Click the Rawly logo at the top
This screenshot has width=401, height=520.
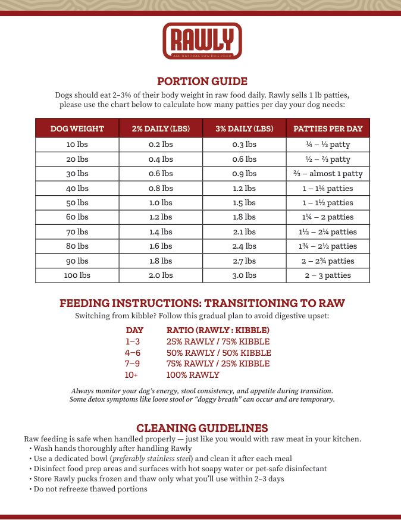[202, 40]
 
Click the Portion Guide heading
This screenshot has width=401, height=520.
[202, 82]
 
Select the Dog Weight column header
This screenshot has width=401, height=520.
[77, 129]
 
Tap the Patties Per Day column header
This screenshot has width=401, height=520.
[328, 129]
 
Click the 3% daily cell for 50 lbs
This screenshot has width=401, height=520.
[244, 203]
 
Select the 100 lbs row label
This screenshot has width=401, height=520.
[77, 275]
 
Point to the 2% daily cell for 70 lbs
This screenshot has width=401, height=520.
[161, 232]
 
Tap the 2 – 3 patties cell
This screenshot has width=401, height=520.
[328, 275]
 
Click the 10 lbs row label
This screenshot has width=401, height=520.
[77, 145]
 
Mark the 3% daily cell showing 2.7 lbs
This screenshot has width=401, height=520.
[244, 261]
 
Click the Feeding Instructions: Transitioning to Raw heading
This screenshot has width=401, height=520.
[202, 303]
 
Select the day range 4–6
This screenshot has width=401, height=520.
[133, 353]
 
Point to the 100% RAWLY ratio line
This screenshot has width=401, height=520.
[193, 375]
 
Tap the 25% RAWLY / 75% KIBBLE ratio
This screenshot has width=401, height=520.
[218, 342]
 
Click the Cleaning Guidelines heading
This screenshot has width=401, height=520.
[202, 428]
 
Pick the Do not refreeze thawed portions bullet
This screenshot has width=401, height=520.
[90, 489]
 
